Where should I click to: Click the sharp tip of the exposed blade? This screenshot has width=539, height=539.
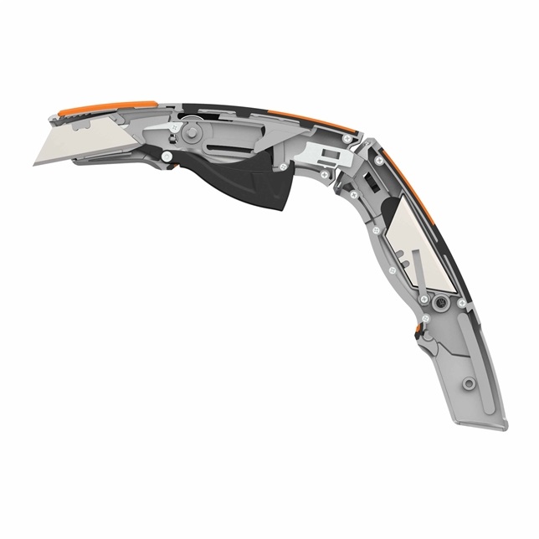pos(36,163)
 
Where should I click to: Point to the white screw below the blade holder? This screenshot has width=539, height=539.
pos(168,156)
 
